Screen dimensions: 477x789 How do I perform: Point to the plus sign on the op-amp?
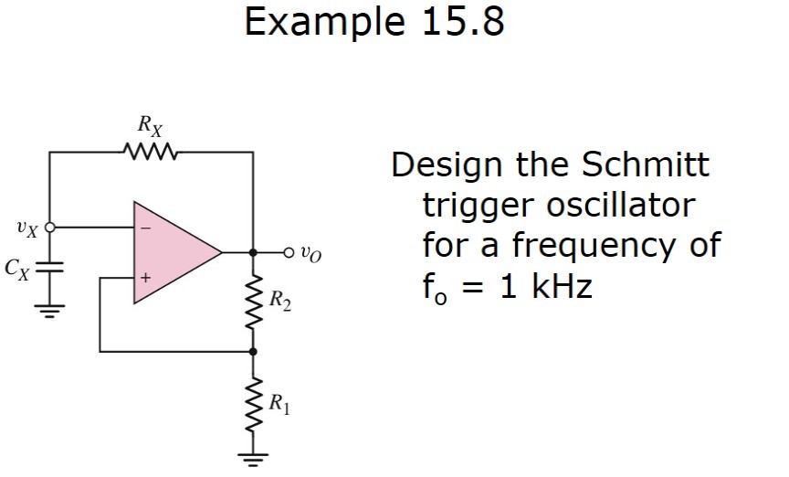tap(143, 275)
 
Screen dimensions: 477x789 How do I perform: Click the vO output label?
tap(311, 252)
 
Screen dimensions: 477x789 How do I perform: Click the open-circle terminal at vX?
tap(49, 227)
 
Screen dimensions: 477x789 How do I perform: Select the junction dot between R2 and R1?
tap(254, 351)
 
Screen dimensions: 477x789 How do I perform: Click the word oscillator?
tap(620, 205)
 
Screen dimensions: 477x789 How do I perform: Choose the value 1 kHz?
tap(546, 287)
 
